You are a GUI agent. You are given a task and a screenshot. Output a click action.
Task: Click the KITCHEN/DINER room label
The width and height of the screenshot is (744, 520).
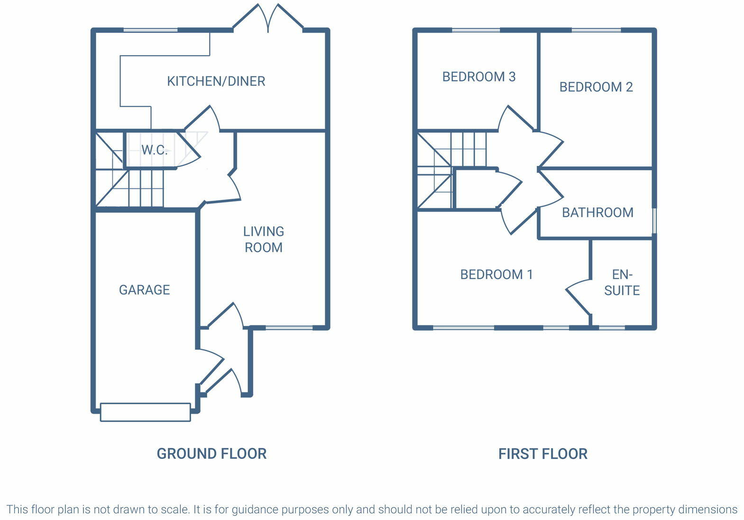coord(216,81)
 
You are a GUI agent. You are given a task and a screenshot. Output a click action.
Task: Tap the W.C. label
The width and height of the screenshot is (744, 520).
coord(155,150)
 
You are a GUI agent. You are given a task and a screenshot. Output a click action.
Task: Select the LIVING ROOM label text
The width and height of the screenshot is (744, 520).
coord(263,239)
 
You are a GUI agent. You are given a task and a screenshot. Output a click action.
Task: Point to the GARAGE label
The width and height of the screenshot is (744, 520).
coord(144,290)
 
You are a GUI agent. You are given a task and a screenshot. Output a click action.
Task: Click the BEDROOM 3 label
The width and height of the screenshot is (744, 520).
coord(478,77)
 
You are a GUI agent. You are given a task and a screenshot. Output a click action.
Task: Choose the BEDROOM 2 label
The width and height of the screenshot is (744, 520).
coord(596,87)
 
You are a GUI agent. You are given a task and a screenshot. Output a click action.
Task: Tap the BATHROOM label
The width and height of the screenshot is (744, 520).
coord(597,213)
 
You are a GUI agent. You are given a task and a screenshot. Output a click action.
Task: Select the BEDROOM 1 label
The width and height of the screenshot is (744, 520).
coord(496,275)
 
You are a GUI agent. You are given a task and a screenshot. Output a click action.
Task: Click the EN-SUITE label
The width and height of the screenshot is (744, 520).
coord(622,282)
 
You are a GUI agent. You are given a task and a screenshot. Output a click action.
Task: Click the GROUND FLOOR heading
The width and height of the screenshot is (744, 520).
coord(211,454)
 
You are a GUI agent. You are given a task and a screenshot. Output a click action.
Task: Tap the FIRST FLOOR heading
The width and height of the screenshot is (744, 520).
coord(542,454)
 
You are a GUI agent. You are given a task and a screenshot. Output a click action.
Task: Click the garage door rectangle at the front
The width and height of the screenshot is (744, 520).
coord(146,412)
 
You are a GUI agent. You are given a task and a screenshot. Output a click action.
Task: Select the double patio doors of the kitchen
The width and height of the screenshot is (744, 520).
coord(268,19)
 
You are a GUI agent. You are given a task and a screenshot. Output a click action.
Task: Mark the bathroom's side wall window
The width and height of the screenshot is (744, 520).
coord(654,221)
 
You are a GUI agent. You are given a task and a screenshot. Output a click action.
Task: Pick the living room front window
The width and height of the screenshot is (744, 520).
coord(289,327)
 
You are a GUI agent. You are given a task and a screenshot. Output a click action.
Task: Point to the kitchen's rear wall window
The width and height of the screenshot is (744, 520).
coord(150,30)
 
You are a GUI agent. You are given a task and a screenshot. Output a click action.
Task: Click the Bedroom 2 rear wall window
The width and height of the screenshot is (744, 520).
coord(596,30)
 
